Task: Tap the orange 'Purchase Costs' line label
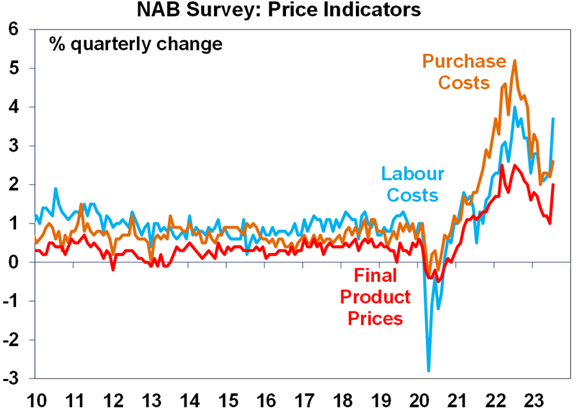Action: click(465, 72)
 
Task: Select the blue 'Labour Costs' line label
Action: click(413, 184)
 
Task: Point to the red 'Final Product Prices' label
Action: click(375, 297)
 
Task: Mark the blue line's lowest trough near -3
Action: click(429, 371)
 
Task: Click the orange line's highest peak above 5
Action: click(515, 61)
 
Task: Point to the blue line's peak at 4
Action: click(515, 107)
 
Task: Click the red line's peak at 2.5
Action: click(501, 166)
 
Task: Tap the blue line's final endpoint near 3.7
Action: click(553, 119)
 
